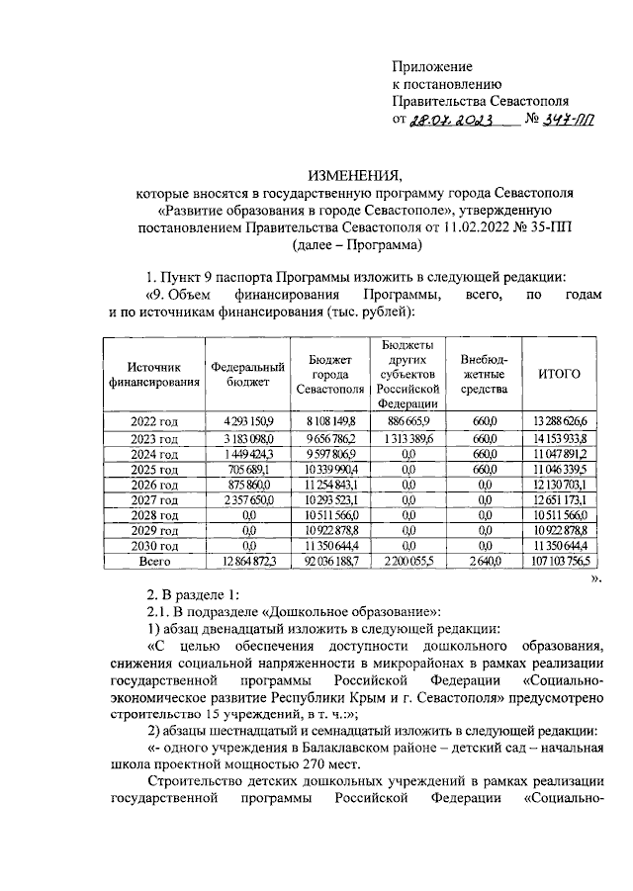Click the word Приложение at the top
(x=431, y=64)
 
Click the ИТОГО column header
(x=559, y=374)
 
